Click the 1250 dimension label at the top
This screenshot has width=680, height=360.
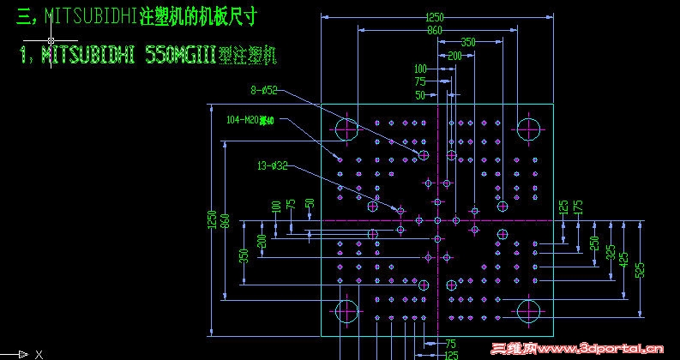click(435, 17)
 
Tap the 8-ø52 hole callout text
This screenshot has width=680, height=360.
click(264, 89)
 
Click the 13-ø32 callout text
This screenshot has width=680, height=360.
click(271, 165)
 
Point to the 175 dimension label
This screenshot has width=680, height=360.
click(579, 207)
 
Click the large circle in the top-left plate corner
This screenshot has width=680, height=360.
click(346, 129)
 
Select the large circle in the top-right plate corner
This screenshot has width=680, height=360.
click(529, 129)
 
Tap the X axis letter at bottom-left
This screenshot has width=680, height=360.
click(39, 353)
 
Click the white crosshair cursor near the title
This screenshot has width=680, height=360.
click(51, 39)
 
